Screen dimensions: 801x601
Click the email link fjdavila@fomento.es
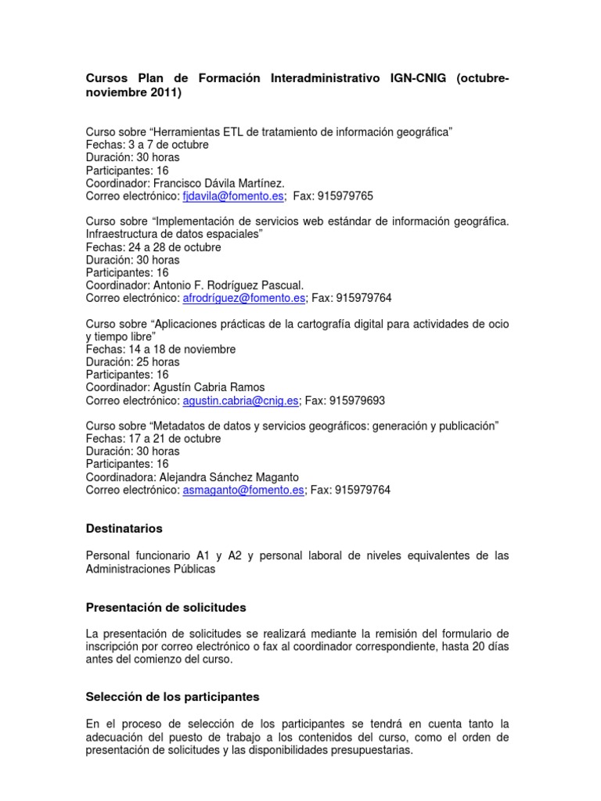(x=232, y=196)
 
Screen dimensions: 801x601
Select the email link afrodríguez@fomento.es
(x=243, y=298)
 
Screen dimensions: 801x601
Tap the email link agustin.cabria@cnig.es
(x=241, y=400)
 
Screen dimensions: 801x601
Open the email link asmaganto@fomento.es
(x=243, y=490)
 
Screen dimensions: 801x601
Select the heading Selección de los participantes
(x=172, y=696)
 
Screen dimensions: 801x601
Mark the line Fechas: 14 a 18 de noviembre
(x=160, y=349)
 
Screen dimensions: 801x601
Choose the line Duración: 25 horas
(x=132, y=362)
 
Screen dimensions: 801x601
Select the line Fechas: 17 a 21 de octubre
(x=153, y=439)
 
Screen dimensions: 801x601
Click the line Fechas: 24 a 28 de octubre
(x=153, y=247)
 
